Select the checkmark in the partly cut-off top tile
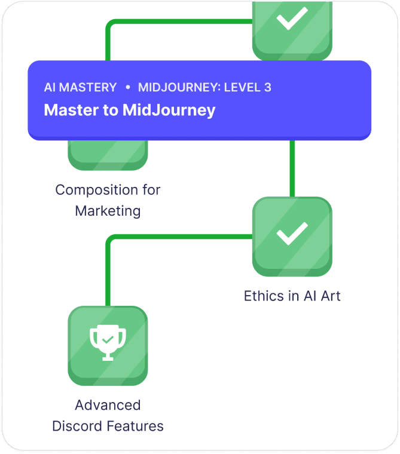click(292, 19)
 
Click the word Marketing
click(108, 211)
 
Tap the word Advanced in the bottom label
click(108, 405)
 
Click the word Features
click(136, 426)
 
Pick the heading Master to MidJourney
click(130, 111)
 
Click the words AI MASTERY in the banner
click(80, 87)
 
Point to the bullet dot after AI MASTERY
click(127, 87)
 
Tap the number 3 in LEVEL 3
click(267, 87)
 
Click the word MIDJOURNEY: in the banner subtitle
click(179, 87)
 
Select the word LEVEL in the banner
click(242, 87)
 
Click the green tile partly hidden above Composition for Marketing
click(108, 155)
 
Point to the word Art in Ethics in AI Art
click(329, 296)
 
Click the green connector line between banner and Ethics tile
click(292, 168)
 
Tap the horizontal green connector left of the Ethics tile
click(179, 237)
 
